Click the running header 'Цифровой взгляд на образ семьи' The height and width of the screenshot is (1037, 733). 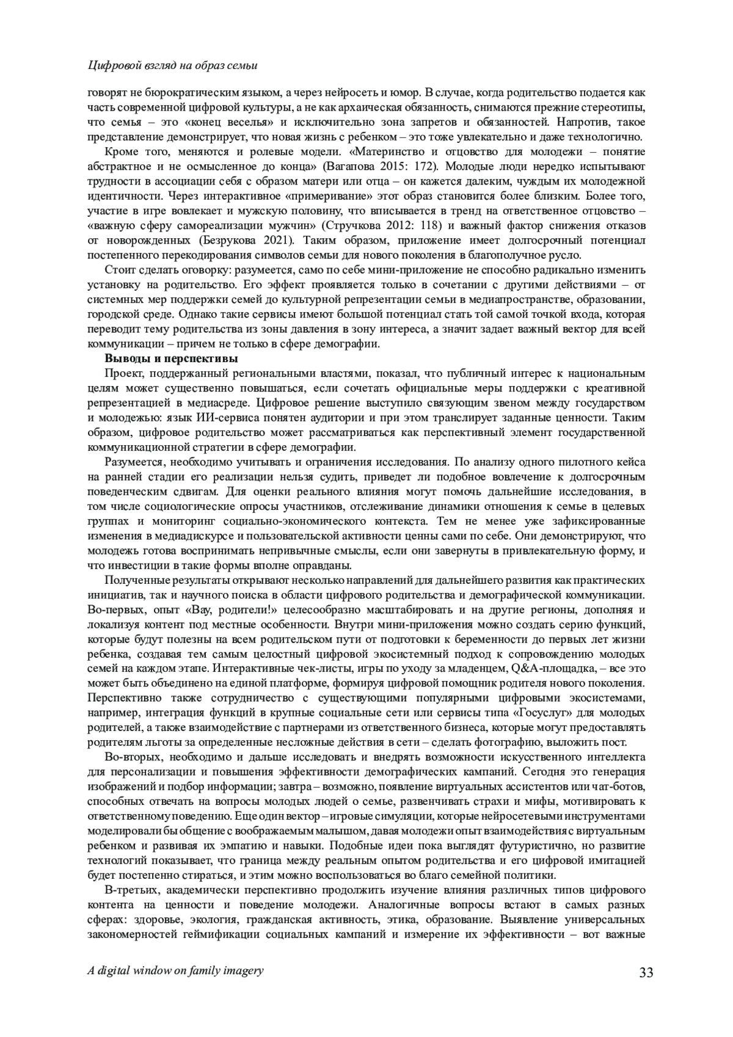click(173, 65)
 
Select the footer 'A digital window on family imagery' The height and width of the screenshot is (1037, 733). click(176, 970)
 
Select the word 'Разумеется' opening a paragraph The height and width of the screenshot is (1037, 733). click(135, 462)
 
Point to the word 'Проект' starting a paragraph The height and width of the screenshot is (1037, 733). click(122, 373)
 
